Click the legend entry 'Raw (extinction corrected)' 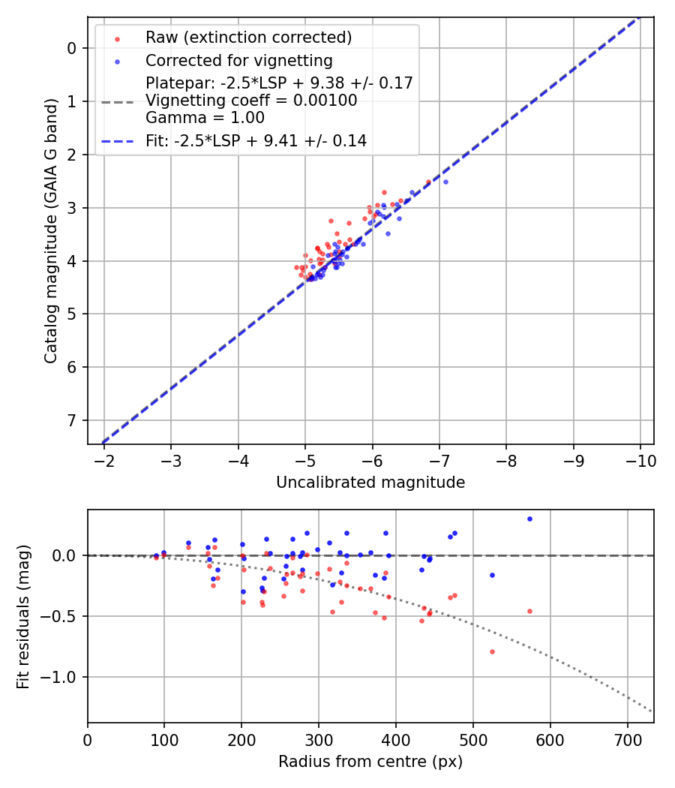(248, 38)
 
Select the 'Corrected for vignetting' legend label (239, 60)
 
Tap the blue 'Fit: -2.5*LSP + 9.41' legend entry (256, 140)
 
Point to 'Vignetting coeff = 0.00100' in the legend (251, 101)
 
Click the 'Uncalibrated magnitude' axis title (370, 483)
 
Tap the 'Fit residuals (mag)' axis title (24, 616)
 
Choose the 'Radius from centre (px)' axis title (370, 762)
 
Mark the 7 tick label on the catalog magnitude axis (73, 420)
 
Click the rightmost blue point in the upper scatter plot (445, 182)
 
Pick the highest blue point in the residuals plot (529, 519)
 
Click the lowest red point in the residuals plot (492, 651)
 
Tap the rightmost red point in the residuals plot (529, 611)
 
